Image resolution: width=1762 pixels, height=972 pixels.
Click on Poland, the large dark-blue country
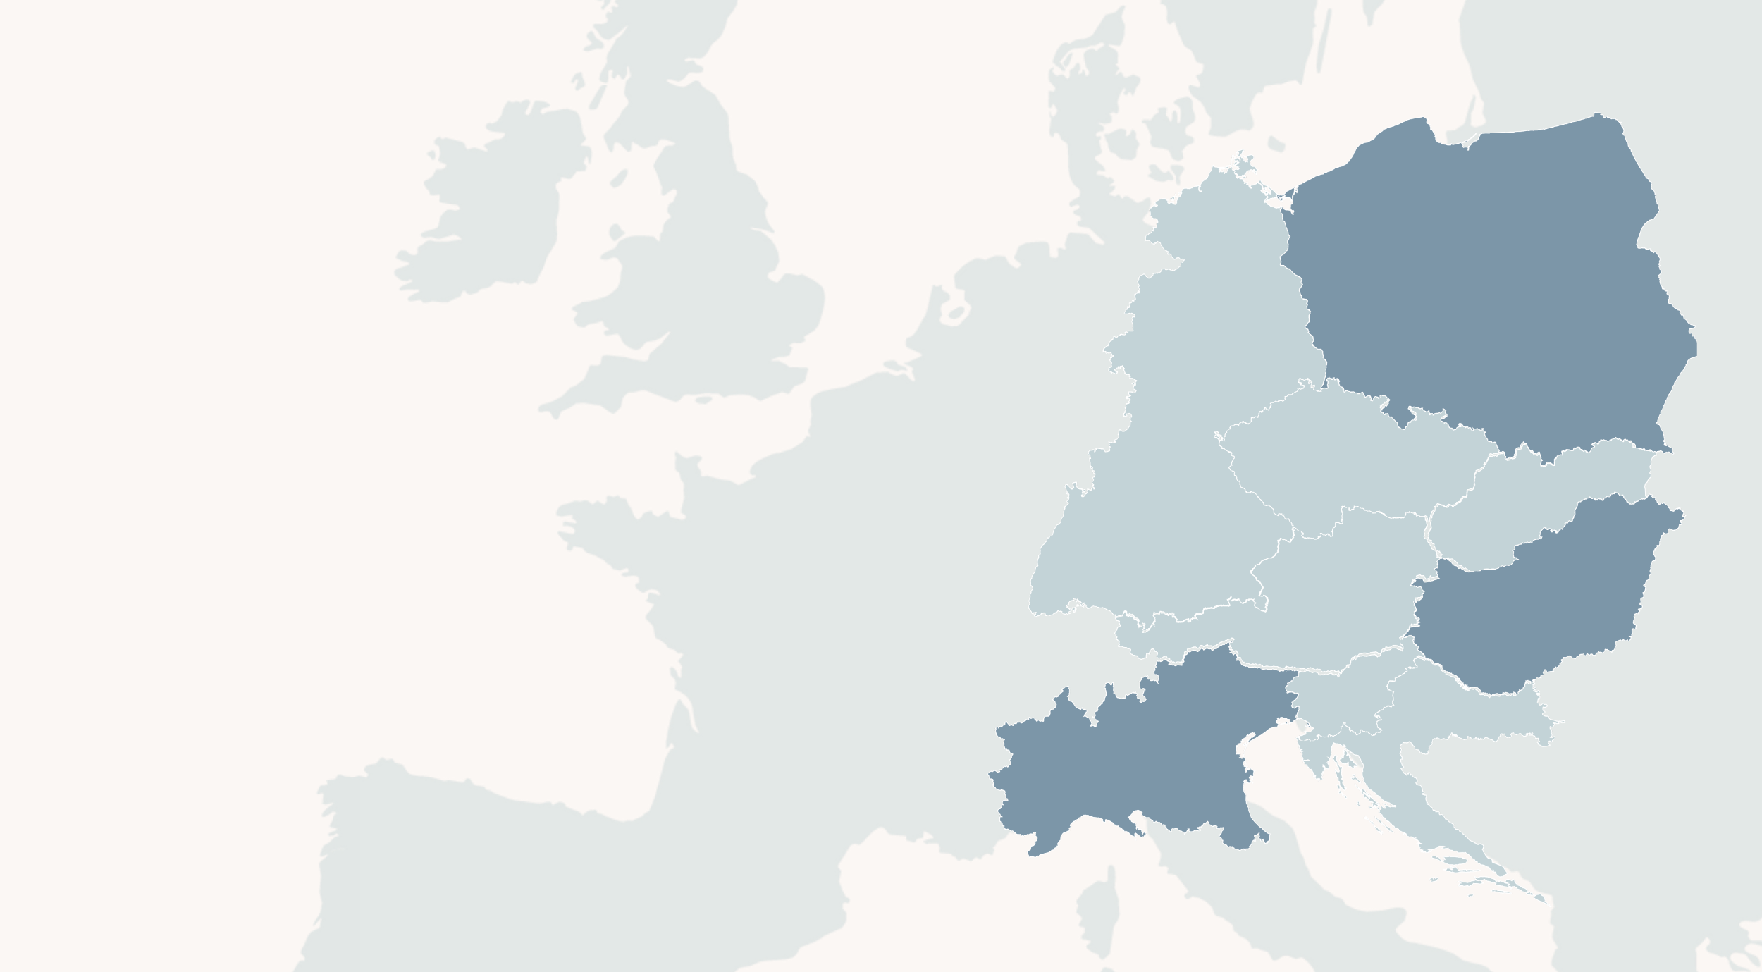[x=1480, y=282]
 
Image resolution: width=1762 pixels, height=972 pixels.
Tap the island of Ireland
[x=493, y=211]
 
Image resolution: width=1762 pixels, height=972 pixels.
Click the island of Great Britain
[x=719, y=282]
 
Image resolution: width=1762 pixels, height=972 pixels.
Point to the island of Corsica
[x=1099, y=916]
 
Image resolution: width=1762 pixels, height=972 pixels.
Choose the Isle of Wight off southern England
[x=703, y=400]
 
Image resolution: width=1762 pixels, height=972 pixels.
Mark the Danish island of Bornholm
[x=1276, y=144]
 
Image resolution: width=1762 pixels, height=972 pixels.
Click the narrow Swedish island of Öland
[x=1323, y=42]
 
